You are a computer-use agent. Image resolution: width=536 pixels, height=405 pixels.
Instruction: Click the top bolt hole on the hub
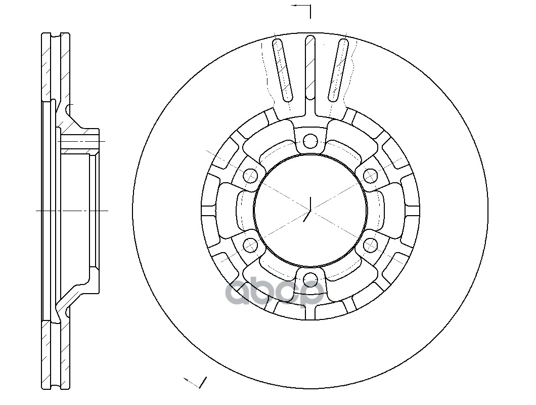coord(310,140)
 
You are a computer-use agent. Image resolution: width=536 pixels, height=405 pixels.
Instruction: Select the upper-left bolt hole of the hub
coord(250,176)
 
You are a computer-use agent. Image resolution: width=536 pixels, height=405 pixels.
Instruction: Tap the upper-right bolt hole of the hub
coord(371,176)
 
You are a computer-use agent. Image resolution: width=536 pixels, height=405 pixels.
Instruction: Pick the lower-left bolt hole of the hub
coord(250,246)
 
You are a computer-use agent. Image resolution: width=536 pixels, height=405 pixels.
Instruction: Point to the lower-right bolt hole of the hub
coord(371,246)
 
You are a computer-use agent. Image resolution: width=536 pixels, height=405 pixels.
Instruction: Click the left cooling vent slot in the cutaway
coord(283,70)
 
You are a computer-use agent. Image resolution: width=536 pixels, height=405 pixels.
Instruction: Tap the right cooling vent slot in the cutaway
coord(338,70)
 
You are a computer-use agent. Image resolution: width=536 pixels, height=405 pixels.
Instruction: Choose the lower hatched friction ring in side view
coord(56,354)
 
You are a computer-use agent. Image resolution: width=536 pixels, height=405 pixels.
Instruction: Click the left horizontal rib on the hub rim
coord(209,210)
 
